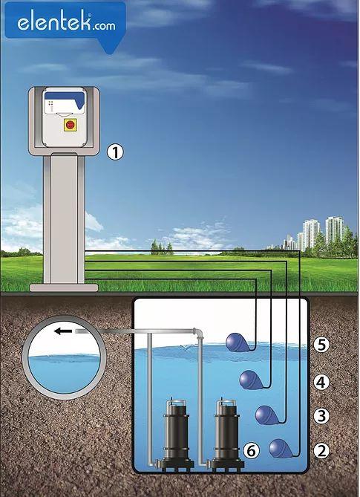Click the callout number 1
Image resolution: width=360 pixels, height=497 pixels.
coord(114,152)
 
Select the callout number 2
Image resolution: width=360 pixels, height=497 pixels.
coord(321,450)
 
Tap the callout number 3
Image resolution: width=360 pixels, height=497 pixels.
coord(321,415)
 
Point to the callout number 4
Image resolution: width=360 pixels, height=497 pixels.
coord(321,383)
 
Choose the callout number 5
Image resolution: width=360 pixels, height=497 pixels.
coord(321,345)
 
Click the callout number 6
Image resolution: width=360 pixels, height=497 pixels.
coord(251,450)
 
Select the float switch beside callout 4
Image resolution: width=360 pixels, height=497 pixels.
coord(252,380)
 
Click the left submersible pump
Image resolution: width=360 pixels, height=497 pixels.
coord(176,434)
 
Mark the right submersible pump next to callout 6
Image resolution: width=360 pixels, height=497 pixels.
coord(227,434)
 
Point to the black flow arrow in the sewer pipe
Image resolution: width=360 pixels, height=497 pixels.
coord(63,331)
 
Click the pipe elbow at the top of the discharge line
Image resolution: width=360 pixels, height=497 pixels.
coord(198,334)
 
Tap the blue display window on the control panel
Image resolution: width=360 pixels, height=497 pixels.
coord(65,99)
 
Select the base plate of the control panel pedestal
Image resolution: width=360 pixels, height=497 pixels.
coord(64,288)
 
